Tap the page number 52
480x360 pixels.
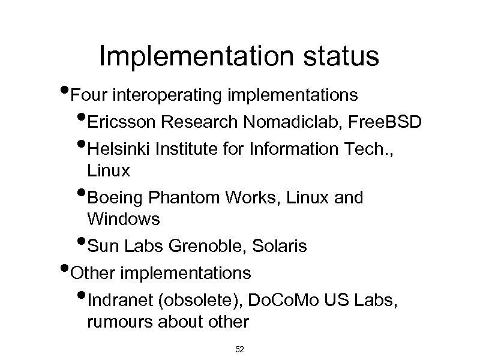coord(239,349)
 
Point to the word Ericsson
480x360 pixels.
coord(122,124)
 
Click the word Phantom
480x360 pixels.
coord(182,199)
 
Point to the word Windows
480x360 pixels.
coord(124,220)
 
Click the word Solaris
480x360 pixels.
coord(280,247)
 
